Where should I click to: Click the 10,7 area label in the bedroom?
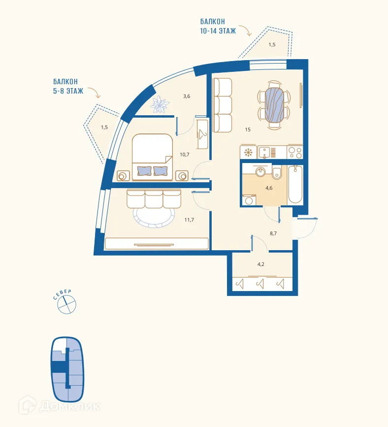point(184,155)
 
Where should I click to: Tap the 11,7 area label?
point(189,220)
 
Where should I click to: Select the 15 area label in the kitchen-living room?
point(248,130)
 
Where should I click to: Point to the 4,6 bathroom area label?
point(269,188)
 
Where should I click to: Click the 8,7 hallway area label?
point(273,233)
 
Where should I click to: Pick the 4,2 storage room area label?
point(260,264)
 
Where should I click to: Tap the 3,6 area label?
point(187,96)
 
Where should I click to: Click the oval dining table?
point(274,104)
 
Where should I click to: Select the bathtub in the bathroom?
point(295,185)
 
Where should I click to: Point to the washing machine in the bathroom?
point(249,200)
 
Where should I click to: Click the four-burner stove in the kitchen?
point(294,152)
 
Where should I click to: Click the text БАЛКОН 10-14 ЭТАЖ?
point(218,26)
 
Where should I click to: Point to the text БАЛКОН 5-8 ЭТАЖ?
point(68,86)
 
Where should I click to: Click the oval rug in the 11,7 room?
point(154,216)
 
